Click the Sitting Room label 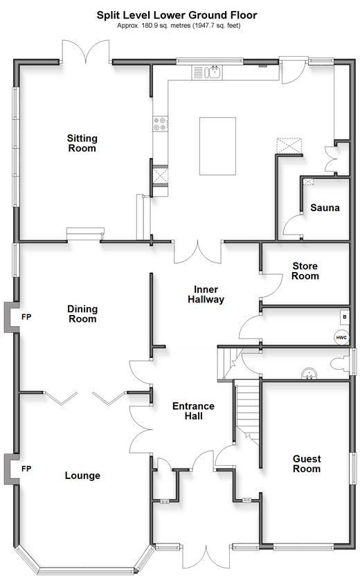82,143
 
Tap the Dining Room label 82,314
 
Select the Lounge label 82,475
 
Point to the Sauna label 325,208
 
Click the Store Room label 305,271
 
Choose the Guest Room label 307,464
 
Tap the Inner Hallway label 206,294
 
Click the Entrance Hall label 193,411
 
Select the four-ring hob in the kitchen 161,123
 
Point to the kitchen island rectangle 217,146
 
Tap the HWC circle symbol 341,337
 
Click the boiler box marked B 345,316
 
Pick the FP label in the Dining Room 26,316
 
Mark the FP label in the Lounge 26,469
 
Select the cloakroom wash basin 309,373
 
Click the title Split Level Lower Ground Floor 177,15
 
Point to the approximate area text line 179,26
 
